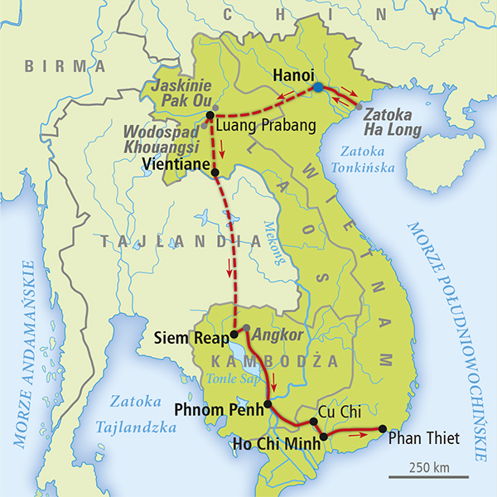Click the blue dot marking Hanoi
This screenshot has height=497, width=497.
coord(318,87)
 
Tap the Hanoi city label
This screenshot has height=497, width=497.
coord(293,75)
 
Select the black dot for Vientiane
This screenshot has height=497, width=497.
coord(215,173)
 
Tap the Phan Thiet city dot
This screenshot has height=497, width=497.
coord(382,428)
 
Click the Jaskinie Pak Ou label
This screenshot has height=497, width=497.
coord(179,94)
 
